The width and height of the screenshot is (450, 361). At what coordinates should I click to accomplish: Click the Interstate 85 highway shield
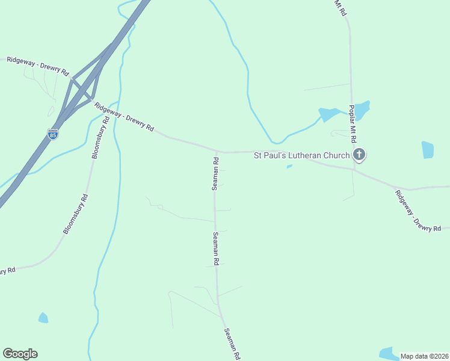[x=53, y=134]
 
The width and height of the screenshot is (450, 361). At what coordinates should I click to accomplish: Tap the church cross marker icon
[x=359, y=155]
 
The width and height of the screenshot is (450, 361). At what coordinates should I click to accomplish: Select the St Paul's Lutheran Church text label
[x=301, y=155]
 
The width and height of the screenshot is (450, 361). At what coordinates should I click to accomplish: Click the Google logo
[x=20, y=354]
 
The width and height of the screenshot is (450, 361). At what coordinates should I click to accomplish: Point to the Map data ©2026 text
[x=424, y=356]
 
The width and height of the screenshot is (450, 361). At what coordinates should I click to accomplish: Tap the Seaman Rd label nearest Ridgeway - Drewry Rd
[x=215, y=173]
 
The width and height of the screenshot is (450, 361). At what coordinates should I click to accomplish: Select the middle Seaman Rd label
[x=215, y=249]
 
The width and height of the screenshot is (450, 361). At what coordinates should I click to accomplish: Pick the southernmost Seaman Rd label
[x=232, y=344]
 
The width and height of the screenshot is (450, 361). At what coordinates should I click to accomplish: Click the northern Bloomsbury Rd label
[x=100, y=137]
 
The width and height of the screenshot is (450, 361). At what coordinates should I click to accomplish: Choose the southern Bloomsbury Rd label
[x=76, y=214]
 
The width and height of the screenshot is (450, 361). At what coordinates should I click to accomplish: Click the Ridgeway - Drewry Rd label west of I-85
[x=37, y=66]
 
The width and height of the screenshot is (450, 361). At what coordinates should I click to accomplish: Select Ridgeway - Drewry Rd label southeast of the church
[x=418, y=211]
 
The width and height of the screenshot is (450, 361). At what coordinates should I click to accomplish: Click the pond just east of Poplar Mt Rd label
[x=362, y=110]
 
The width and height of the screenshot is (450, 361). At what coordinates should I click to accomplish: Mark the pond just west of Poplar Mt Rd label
[x=328, y=114]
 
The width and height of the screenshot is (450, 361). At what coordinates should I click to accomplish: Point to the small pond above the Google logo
[x=43, y=318]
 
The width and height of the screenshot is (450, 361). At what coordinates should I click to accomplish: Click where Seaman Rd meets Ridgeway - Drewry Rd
[x=216, y=152]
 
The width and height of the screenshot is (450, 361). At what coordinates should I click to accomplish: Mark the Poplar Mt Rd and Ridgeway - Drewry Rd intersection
[x=354, y=169]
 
